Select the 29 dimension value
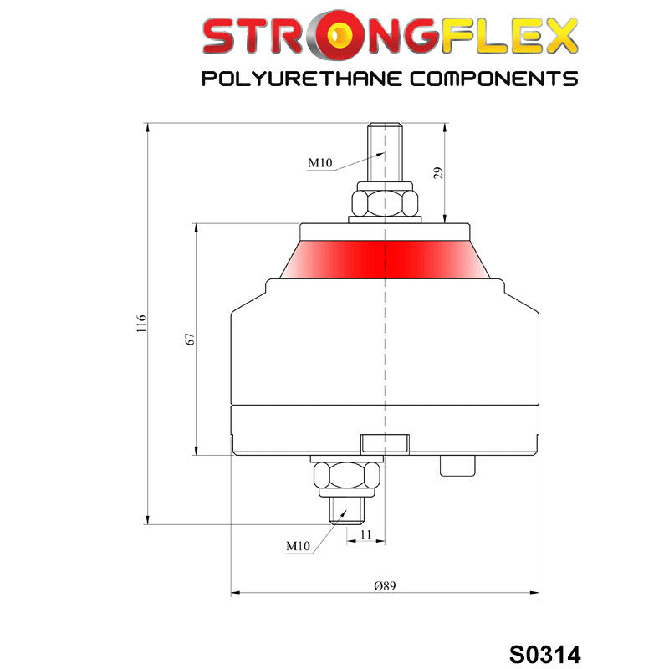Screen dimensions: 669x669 point(437,173)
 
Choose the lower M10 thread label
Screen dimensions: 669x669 point(299,546)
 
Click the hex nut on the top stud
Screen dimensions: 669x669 point(385,202)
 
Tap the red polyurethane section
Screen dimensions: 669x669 point(386,257)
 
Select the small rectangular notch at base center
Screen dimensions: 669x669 point(384,442)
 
